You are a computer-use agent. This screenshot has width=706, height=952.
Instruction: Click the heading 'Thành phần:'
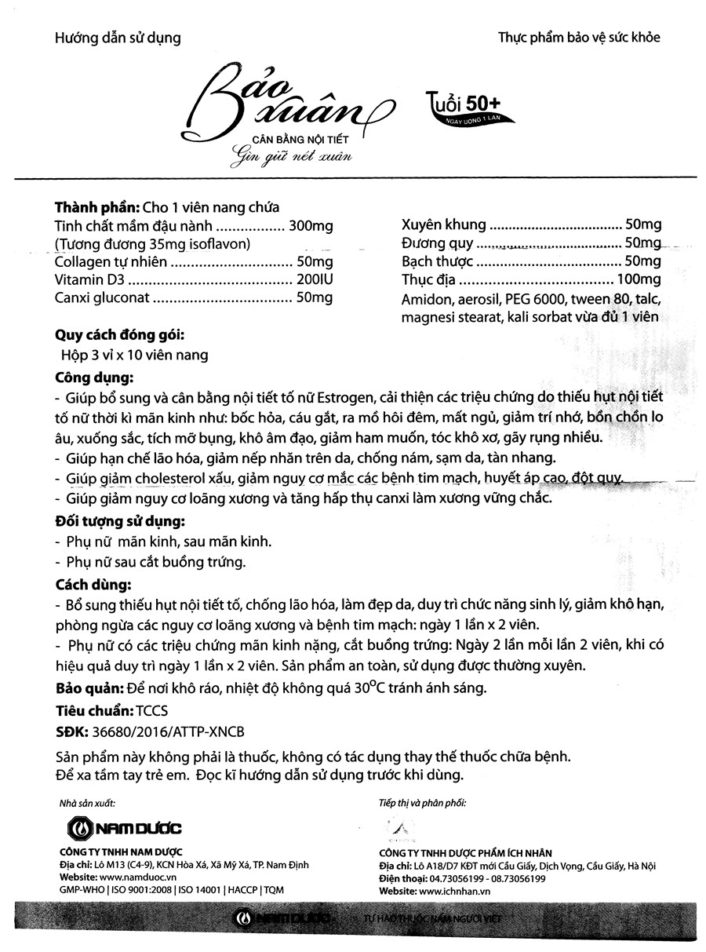96,208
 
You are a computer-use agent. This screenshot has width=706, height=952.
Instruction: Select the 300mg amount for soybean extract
311,226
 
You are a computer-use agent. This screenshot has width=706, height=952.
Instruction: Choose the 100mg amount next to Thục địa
639,279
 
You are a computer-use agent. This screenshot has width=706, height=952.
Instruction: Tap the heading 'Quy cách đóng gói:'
118,336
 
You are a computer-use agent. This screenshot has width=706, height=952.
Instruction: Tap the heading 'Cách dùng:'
87,585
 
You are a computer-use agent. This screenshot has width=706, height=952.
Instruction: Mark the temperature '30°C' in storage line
358,689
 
